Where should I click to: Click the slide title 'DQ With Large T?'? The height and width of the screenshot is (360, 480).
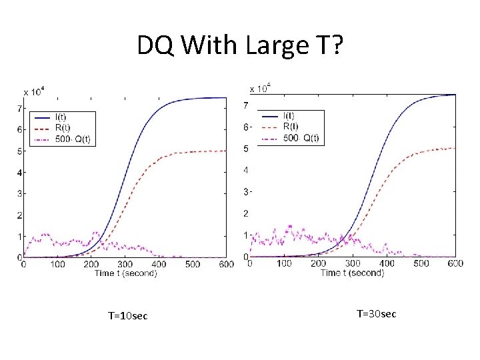click(x=239, y=45)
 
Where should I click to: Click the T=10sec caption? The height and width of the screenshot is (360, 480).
click(x=127, y=315)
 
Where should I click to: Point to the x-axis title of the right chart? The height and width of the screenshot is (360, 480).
click(x=352, y=273)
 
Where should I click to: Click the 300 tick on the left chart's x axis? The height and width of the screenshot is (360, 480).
click(x=125, y=265)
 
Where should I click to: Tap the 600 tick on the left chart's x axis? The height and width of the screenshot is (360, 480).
click(x=226, y=265)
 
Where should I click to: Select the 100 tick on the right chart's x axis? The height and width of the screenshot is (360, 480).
click(x=284, y=264)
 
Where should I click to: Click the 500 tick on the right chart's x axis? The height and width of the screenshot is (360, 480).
click(x=421, y=264)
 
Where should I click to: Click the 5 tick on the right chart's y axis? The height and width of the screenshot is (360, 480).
click(x=246, y=149)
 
